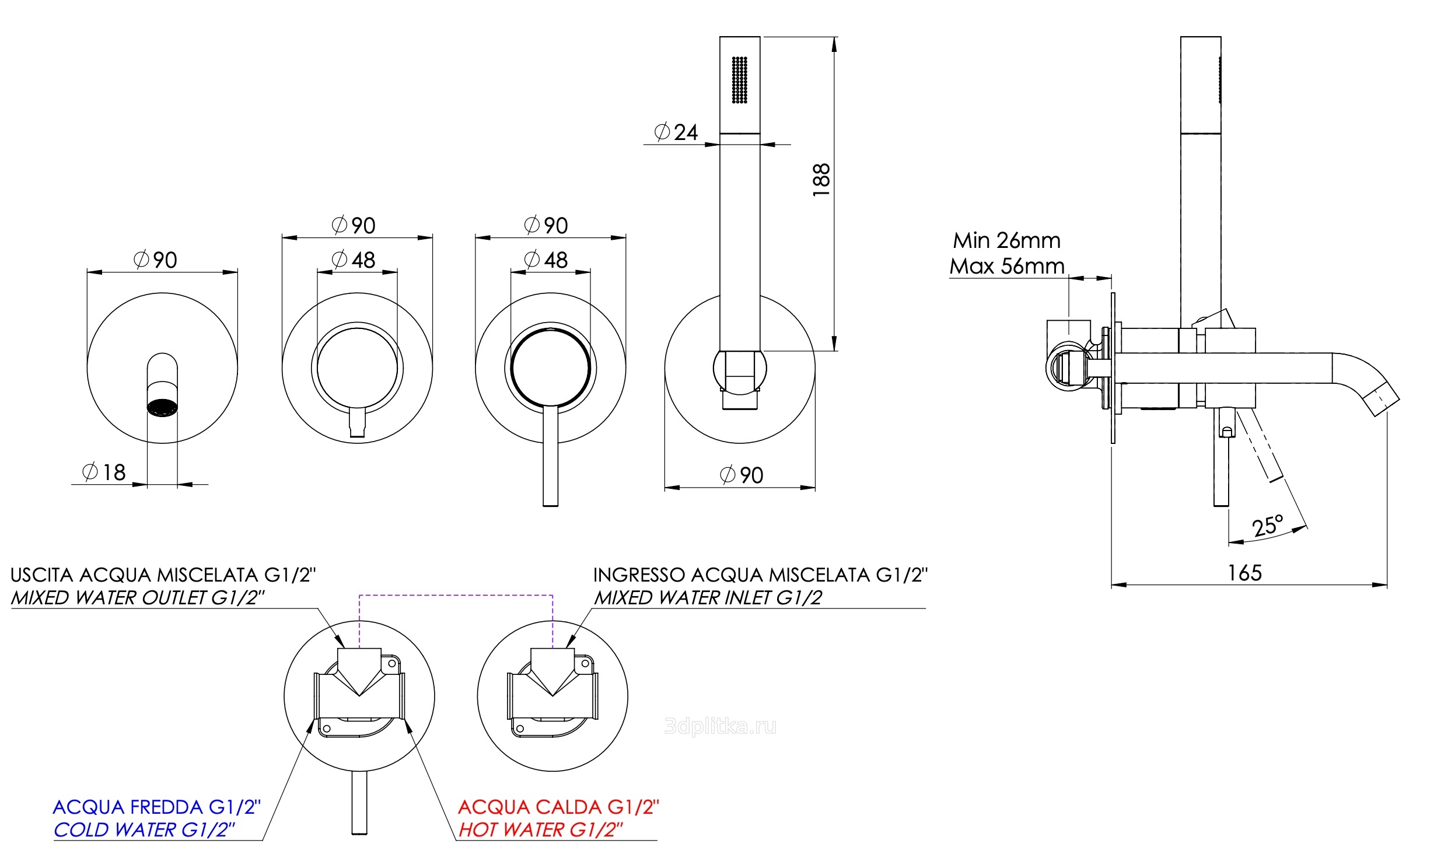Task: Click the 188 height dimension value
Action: tap(821, 180)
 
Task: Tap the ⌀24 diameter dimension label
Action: tap(676, 132)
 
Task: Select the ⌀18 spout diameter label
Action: tap(104, 472)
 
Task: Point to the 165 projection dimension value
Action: tap(1245, 573)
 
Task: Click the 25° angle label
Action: tap(1268, 525)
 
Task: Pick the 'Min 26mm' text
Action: tap(1006, 240)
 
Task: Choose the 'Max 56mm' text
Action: tap(1006, 266)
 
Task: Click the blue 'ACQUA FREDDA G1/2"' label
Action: tap(157, 807)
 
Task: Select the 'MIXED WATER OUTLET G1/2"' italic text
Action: tap(138, 598)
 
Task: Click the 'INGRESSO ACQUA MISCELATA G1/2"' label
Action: tap(760, 575)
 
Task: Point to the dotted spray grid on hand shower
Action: tap(740, 80)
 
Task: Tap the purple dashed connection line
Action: tap(456, 596)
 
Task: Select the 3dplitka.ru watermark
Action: tap(721, 726)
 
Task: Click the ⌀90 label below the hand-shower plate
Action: tap(742, 475)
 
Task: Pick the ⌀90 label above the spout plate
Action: tap(156, 260)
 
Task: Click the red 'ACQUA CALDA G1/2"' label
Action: tap(558, 807)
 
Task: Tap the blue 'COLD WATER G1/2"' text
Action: tap(144, 829)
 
